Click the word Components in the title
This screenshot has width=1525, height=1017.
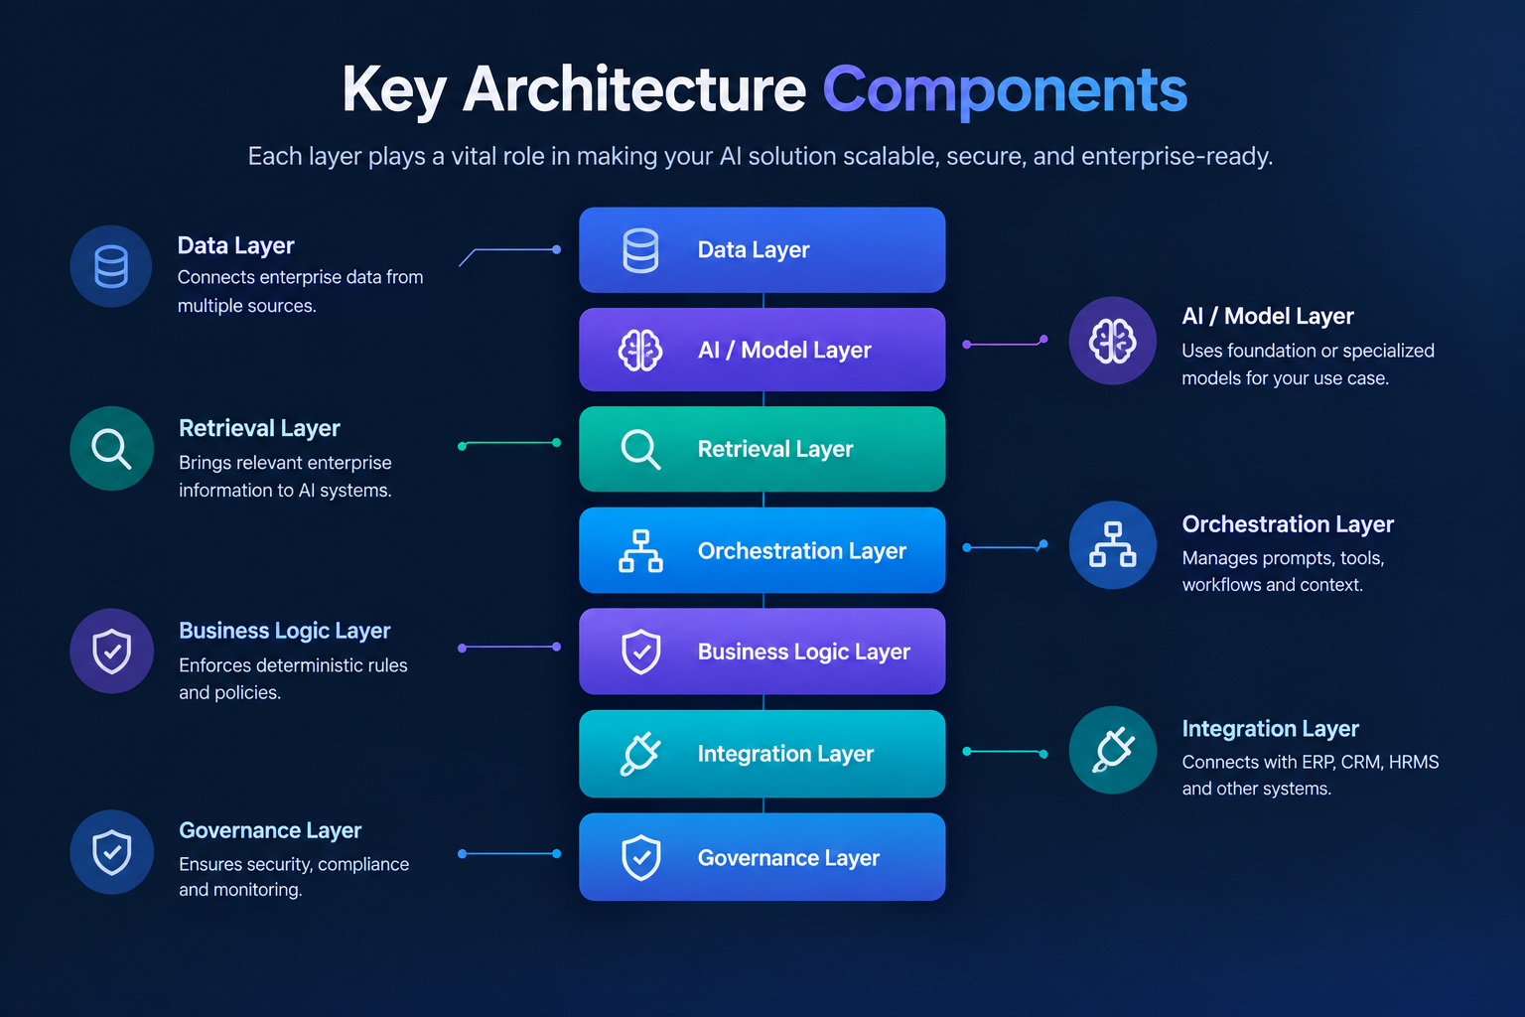1005,90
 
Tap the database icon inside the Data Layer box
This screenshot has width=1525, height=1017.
640,250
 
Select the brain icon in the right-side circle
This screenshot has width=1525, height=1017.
1112,341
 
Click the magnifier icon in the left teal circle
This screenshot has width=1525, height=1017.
111,449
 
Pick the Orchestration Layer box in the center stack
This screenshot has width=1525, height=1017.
762,549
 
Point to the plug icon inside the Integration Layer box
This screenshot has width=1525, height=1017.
640,754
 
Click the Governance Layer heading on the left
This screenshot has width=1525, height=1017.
270,830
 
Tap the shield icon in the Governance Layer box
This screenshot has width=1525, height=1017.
640,857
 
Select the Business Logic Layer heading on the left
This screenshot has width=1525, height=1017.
285,631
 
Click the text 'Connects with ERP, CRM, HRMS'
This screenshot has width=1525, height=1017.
1311,762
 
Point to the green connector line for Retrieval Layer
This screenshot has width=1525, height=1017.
509,444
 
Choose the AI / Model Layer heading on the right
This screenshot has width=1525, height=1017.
1268,316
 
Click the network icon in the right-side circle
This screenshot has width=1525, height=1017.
1112,544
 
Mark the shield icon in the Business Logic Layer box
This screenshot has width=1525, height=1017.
640,652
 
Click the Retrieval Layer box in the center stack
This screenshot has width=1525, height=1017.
762,449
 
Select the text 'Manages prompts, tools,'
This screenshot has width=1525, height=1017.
1284,558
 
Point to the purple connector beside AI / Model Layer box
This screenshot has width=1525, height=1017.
1005,343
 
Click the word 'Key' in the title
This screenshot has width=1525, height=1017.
394,90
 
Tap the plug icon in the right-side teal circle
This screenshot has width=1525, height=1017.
1112,750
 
